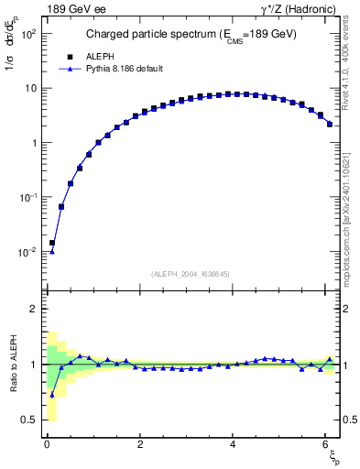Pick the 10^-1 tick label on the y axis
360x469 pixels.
(x=28, y=198)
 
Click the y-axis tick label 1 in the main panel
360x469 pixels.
(x=33, y=143)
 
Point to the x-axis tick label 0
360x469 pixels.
(x=48, y=444)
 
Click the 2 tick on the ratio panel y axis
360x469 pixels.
(x=33, y=309)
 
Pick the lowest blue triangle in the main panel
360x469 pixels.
(x=52, y=251)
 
